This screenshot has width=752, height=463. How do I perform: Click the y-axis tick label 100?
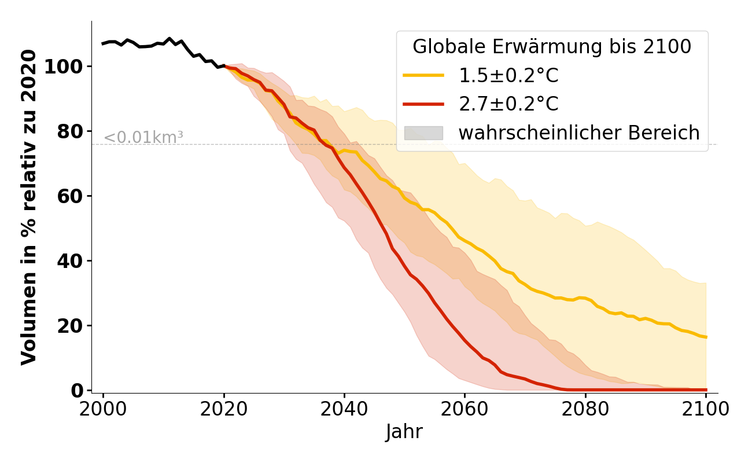pos(64,67)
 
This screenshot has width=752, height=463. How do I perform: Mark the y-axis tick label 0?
pos(77,391)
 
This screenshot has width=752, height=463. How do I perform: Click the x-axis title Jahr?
pos(404,432)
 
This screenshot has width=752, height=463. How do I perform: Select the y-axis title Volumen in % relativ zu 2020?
pos(29,207)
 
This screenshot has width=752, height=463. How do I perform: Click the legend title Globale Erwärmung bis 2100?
pos(552,47)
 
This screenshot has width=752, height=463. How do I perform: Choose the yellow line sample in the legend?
pos(423,76)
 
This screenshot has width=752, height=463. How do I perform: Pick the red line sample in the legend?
pos(423,104)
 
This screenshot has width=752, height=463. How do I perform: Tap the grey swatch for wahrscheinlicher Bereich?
pos(423,133)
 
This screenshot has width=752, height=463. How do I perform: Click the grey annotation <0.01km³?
pos(143,138)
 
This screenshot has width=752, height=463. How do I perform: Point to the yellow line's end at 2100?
pos(706,337)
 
